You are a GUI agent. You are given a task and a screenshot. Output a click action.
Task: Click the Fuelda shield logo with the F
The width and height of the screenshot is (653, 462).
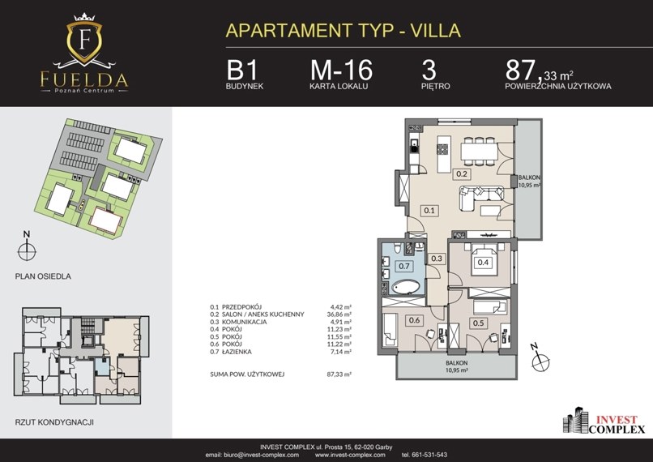[x=84, y=41]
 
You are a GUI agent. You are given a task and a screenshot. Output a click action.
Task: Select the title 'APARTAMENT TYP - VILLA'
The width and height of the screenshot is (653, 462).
[x=344, y=31]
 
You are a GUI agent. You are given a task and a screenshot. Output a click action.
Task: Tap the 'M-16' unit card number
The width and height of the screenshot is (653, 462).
[x=341, y=70]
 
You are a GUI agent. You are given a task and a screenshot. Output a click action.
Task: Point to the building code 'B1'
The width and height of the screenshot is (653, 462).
[x=242, y=70]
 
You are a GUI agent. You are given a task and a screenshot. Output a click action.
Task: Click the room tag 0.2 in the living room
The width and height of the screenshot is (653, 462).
[x=462, y=173]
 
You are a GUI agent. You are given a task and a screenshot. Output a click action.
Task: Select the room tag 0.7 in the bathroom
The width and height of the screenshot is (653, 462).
[x=404, y=266]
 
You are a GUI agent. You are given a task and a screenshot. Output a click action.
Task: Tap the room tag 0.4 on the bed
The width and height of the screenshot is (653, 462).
[x=483, y=262]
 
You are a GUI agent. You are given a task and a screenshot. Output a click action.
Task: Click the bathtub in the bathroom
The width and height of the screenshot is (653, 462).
[x=407, y=287]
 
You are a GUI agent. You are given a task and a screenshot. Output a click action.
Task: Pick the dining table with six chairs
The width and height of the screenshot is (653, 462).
[x=479, y=152]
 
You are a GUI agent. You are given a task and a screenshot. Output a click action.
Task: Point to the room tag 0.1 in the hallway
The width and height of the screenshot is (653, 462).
[x=429, y=211]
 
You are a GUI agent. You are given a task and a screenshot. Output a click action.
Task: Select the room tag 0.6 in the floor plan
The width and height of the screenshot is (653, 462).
[x=414, y=320]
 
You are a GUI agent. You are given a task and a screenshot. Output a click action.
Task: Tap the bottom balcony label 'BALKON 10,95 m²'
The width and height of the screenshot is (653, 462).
[x=456, y=366]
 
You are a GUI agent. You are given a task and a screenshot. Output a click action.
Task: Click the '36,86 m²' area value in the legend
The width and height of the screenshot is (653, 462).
[x=339, y=314]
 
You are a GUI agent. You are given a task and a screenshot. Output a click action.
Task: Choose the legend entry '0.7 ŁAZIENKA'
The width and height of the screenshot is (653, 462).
[x=231, y=352]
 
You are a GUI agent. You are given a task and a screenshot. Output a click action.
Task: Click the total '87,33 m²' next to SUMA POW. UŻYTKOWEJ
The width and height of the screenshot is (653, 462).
[x=339, y=374]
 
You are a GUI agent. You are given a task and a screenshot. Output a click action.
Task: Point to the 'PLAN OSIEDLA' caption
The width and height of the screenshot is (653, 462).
[x=43, y=276]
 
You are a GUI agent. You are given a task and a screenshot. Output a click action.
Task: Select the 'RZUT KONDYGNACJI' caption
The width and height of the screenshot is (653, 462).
[x=54, y=422]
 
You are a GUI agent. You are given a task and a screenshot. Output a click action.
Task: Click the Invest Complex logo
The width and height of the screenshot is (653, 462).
[x=604, y=421]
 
